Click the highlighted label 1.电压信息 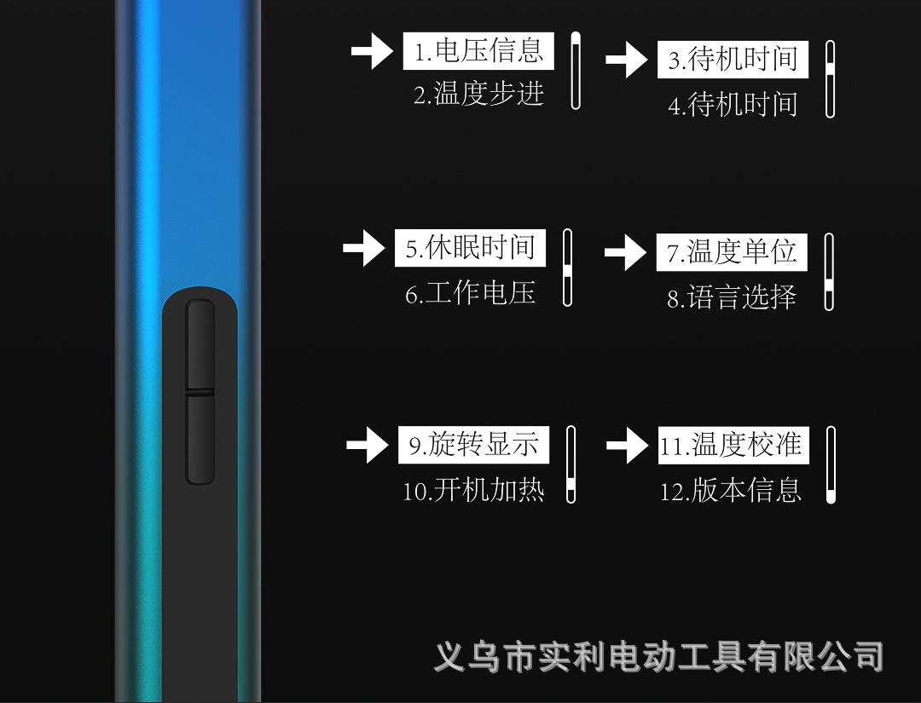pos(478,51)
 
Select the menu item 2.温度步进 pos(478,94)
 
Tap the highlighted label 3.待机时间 pos(733,60)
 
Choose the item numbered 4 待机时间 pos(733,105)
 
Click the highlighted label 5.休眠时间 pos(470,248)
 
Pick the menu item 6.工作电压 pos(470,294)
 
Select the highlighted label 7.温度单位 pos(732,252)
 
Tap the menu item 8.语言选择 pos(732,297)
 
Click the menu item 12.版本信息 pos(731,491)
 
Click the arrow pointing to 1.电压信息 pos(372,52)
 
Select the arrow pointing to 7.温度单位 pos(625,253)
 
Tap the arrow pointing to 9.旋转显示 pos(368,446)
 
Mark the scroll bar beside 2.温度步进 pos(576,71)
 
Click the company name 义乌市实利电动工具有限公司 pos(658,657)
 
